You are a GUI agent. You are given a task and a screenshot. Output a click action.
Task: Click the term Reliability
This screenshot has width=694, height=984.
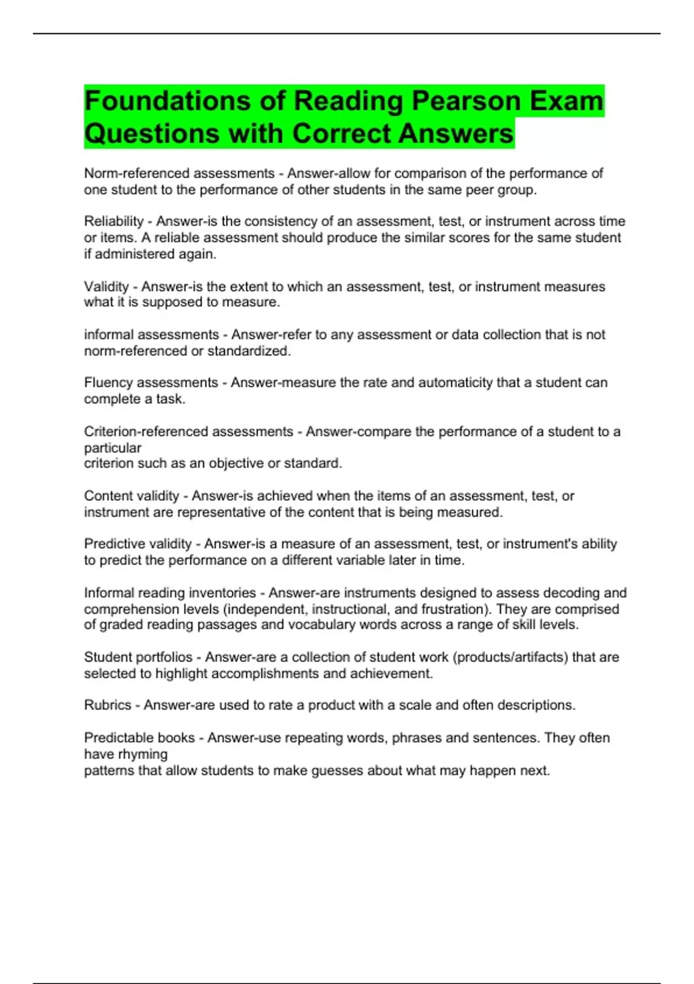113,222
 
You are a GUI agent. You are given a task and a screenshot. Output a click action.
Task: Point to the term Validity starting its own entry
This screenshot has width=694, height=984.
106,287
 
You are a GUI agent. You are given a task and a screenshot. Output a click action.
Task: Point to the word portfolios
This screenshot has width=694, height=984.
164,658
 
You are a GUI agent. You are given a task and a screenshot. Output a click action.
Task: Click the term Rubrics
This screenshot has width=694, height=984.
108,705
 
